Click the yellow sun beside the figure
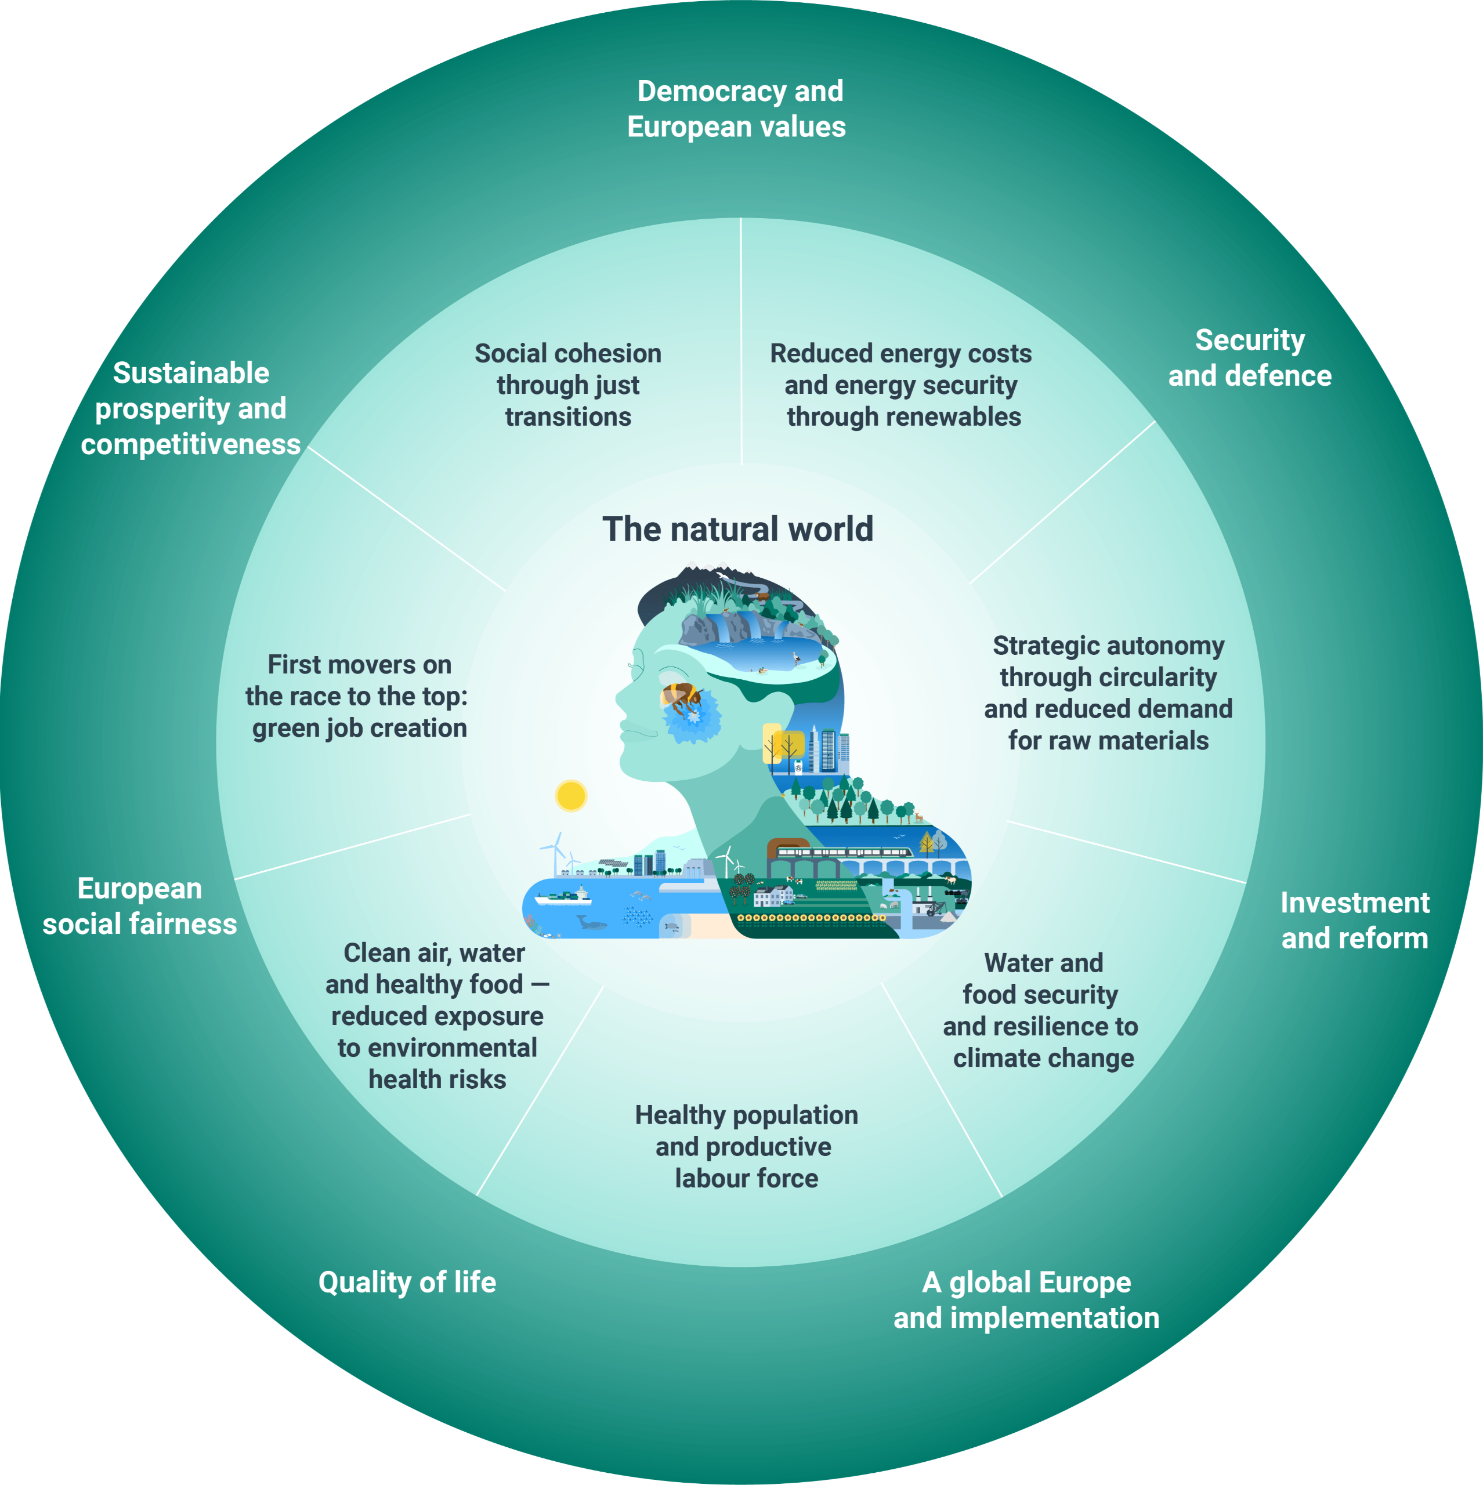570,795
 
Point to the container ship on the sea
563,896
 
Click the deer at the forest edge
917,816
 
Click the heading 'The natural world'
737,530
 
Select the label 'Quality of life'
407,1282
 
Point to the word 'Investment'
1355,903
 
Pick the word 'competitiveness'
191,444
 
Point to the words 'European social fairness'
139,906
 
